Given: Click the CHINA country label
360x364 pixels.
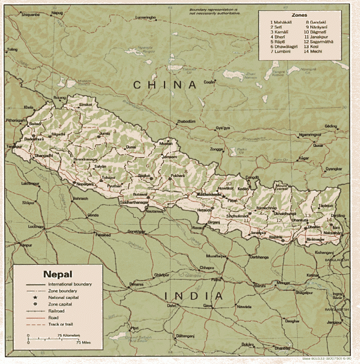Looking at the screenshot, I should coord(165,85).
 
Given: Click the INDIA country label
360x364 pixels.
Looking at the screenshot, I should coord(194,296).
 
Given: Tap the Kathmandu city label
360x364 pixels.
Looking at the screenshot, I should coord(209,194).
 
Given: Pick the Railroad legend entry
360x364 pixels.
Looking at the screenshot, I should coord(57,311).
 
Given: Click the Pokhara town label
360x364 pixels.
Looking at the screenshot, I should coord(178,176).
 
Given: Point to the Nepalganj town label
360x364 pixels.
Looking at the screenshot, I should coord(90,184).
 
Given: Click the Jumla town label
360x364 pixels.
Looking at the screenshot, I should coord(104,133).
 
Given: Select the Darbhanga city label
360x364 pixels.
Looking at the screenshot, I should coord(259,257).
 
